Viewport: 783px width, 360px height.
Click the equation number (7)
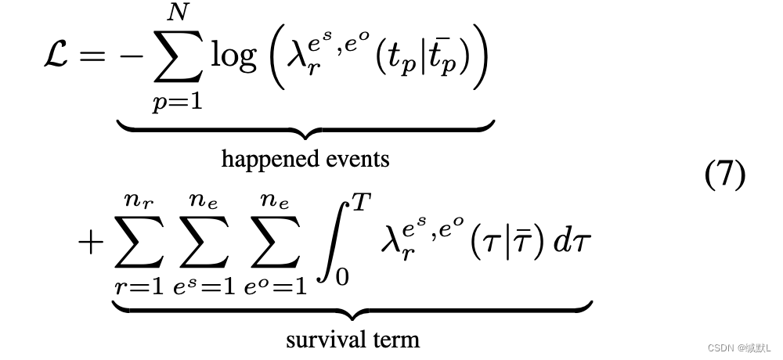(725, 175)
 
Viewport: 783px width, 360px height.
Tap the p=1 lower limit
(177, 103)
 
